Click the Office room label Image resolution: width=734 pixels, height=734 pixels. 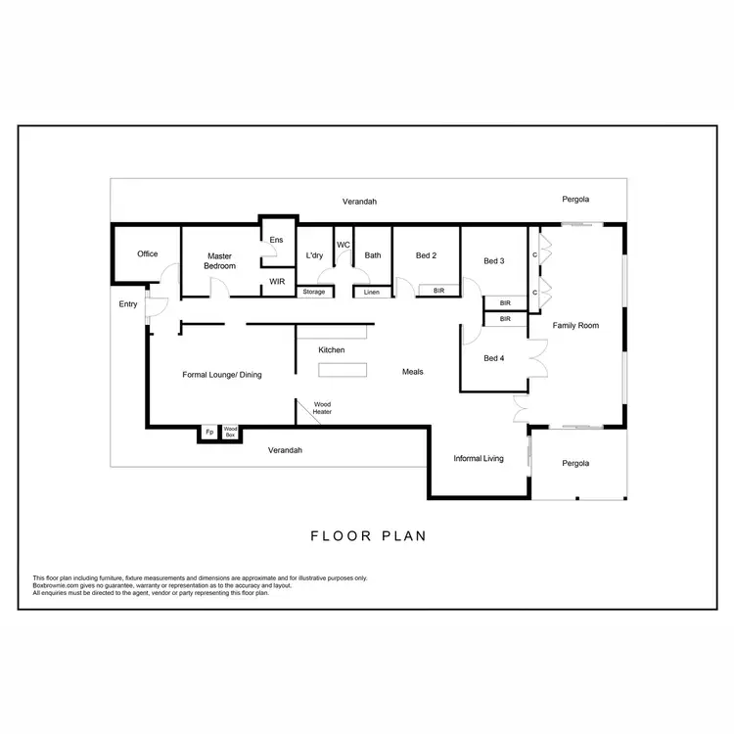click(x=147, y=254)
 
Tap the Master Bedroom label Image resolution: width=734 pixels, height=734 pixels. click(x=219, y=260)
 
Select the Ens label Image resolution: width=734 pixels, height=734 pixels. click(x=276, y=240)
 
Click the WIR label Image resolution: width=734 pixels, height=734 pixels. click(x=276, y=281)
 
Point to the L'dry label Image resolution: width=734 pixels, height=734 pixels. click(x=314, y=255)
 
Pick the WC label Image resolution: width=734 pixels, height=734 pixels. click(x=344, y=245)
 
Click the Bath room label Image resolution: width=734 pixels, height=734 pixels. click(x=373, y=255)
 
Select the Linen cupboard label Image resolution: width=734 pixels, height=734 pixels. click(x=372, y=292)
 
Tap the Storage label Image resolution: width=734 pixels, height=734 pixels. click(x=313, y=292)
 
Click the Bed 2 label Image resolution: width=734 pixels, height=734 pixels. click(x=426, y=255)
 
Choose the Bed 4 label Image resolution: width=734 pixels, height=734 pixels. click(x=494, y=358)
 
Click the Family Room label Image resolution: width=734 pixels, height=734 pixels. click(x=575, y=325)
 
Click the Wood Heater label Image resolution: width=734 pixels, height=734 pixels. click(x=322, y=407)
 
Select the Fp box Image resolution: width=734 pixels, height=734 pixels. click(x=209, y=432)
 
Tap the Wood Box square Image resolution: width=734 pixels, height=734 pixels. click(x=231, y=432)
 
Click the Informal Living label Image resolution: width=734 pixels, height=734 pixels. click(x=478, y=457)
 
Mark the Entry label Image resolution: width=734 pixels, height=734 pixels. click(x=128, y=304)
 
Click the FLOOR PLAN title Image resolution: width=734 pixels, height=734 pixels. click(x=368, y=536)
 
